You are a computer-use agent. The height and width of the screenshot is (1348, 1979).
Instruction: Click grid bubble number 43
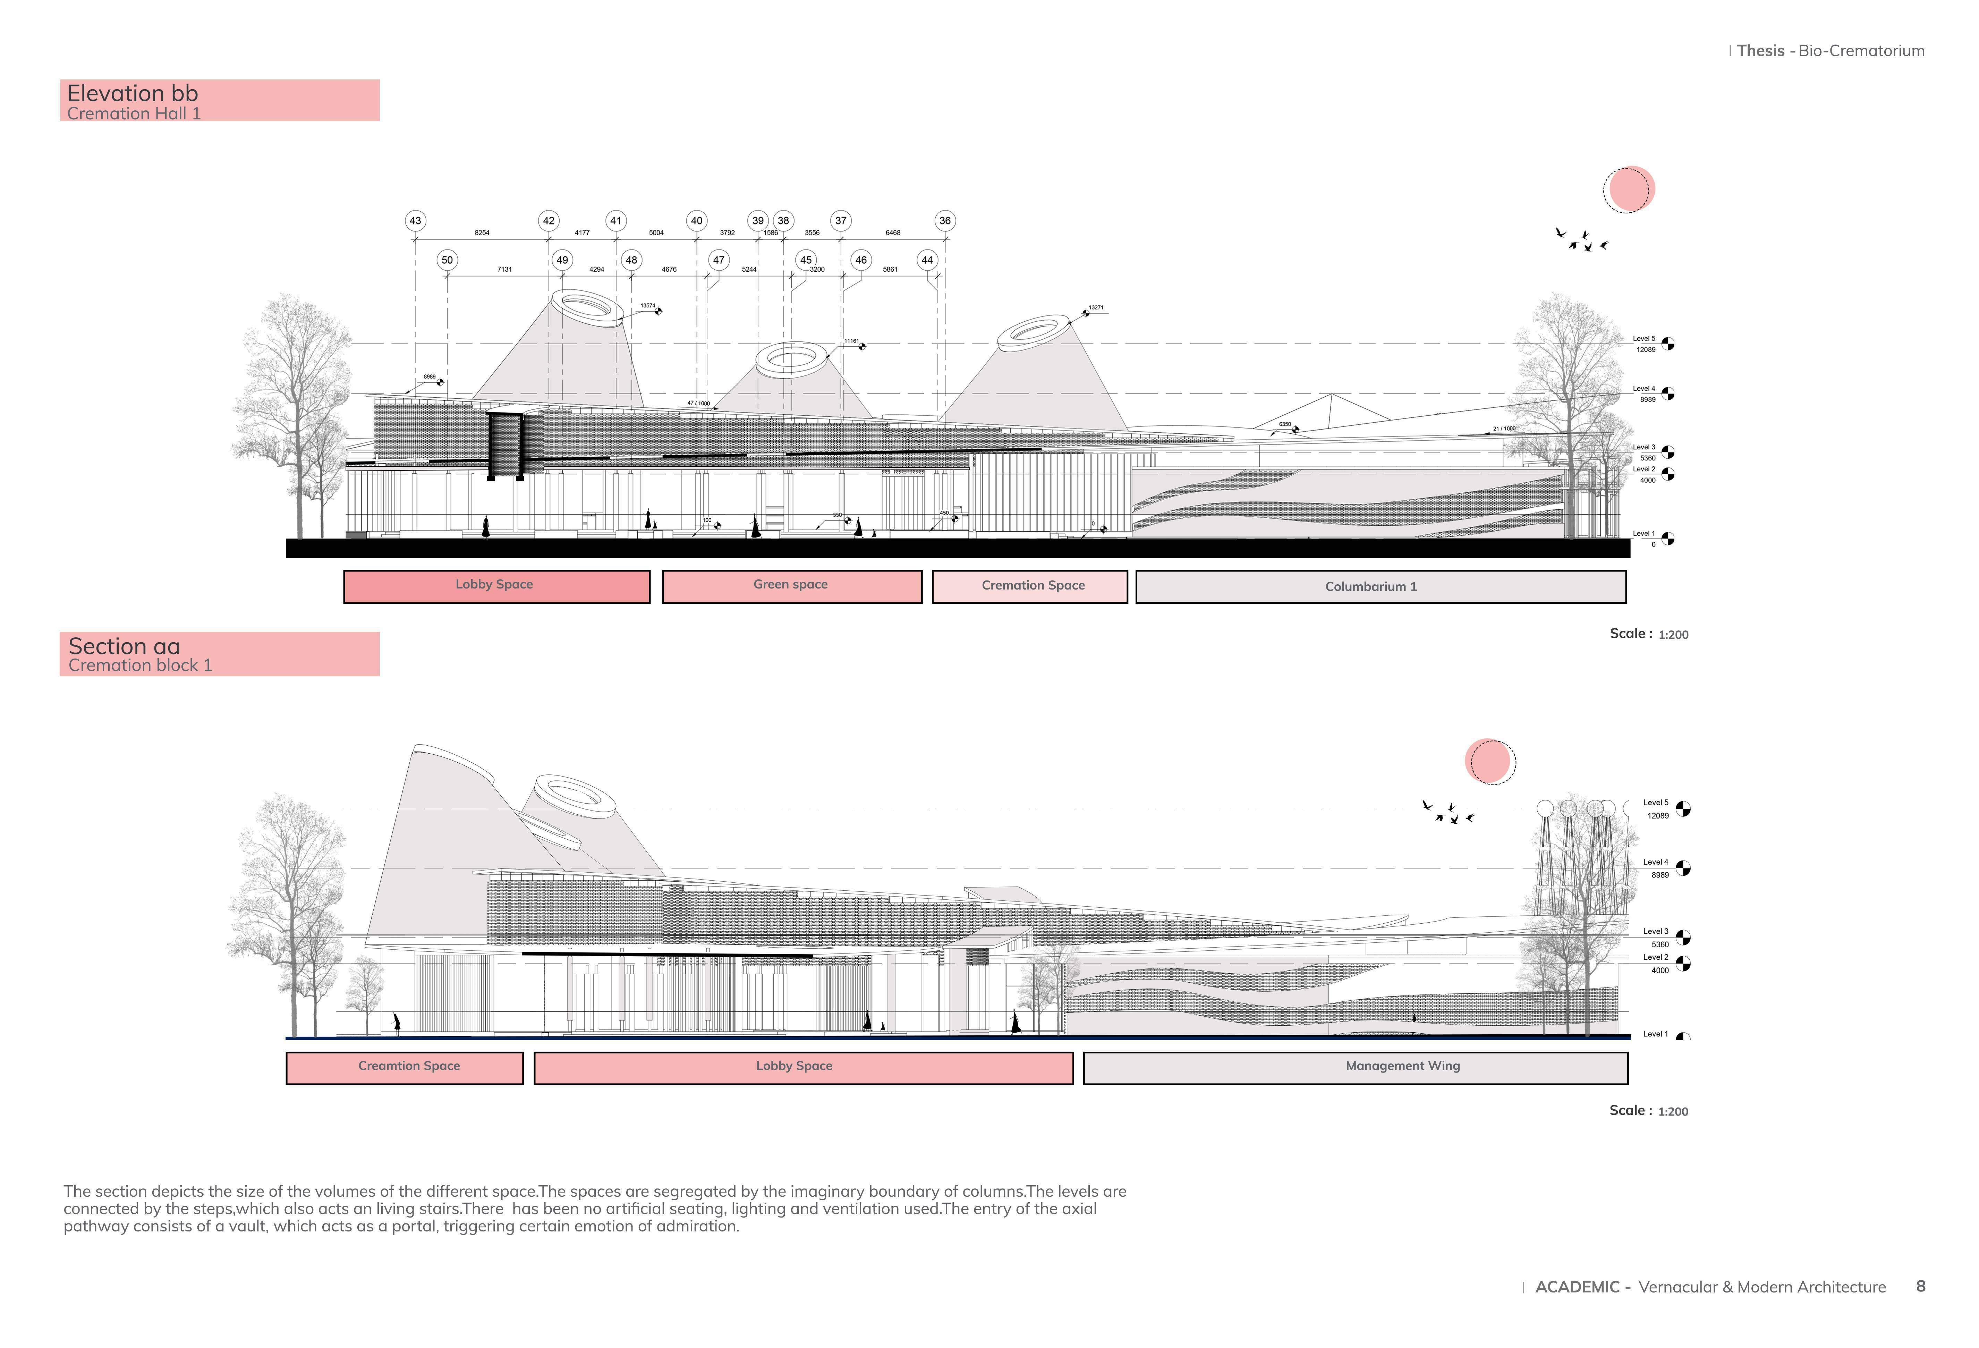pos(415,221)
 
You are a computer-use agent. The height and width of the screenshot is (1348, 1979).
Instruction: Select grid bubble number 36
pos(944,221)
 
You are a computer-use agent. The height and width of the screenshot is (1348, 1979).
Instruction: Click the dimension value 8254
pos(482,232)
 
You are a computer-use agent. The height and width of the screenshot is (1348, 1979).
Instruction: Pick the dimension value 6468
pos(892,232)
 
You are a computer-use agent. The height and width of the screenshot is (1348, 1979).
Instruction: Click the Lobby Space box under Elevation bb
pos(495,586)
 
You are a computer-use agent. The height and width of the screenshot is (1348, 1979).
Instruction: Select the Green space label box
pos(791,586)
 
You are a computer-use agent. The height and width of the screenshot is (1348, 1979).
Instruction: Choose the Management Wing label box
pos(1355,1067)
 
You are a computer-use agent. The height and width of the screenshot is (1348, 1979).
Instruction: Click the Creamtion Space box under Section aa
pos(405,1067)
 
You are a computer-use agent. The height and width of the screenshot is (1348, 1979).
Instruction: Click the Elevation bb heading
pos(133,94)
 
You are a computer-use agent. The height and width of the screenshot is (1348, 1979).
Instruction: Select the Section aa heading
pos(124,646)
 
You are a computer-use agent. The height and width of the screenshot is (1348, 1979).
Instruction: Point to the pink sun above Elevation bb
pos(1629,189)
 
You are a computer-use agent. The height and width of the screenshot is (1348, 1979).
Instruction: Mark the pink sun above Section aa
pos(1489,761)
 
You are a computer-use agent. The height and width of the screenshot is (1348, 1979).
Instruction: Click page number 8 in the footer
pos(1920,1286)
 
